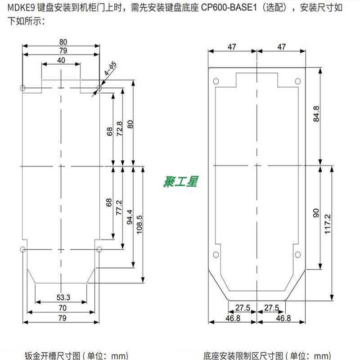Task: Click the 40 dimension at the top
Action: click(61, 60)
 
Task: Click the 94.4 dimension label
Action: click(130, 216)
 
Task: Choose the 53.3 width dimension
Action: click(63, 297)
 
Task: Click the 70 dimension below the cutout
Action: click(62, 308)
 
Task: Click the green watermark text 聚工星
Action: click(180, 182)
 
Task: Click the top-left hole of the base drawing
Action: click(216, 81)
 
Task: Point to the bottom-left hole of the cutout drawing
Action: click(23, 249)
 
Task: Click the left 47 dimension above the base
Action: click(232, 47)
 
